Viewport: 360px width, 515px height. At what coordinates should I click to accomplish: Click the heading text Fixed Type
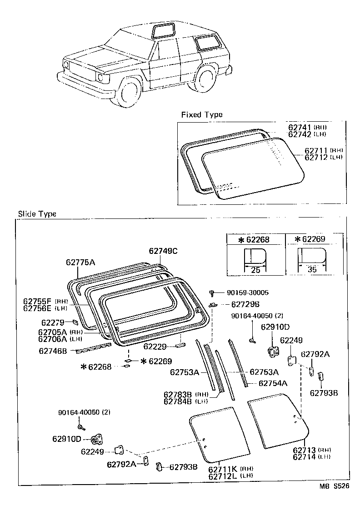click(x=202, y=114)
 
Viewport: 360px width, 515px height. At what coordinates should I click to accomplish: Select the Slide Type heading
click(x=37, y=214)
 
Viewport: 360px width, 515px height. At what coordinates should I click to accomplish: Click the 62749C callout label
click(x=163, y=251)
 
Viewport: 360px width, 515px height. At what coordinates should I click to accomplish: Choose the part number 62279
click(x=53, y=322)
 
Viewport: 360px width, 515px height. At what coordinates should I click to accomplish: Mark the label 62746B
click(x=53, y=351)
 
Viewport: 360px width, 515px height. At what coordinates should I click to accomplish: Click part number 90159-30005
click(x=242, y=293)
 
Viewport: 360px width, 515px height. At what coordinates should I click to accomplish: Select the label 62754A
click(x=273, y=383)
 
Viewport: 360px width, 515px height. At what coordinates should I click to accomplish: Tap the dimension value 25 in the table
click(x=255, y=270)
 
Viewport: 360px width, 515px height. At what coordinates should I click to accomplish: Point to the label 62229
click(x=156, y=347)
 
